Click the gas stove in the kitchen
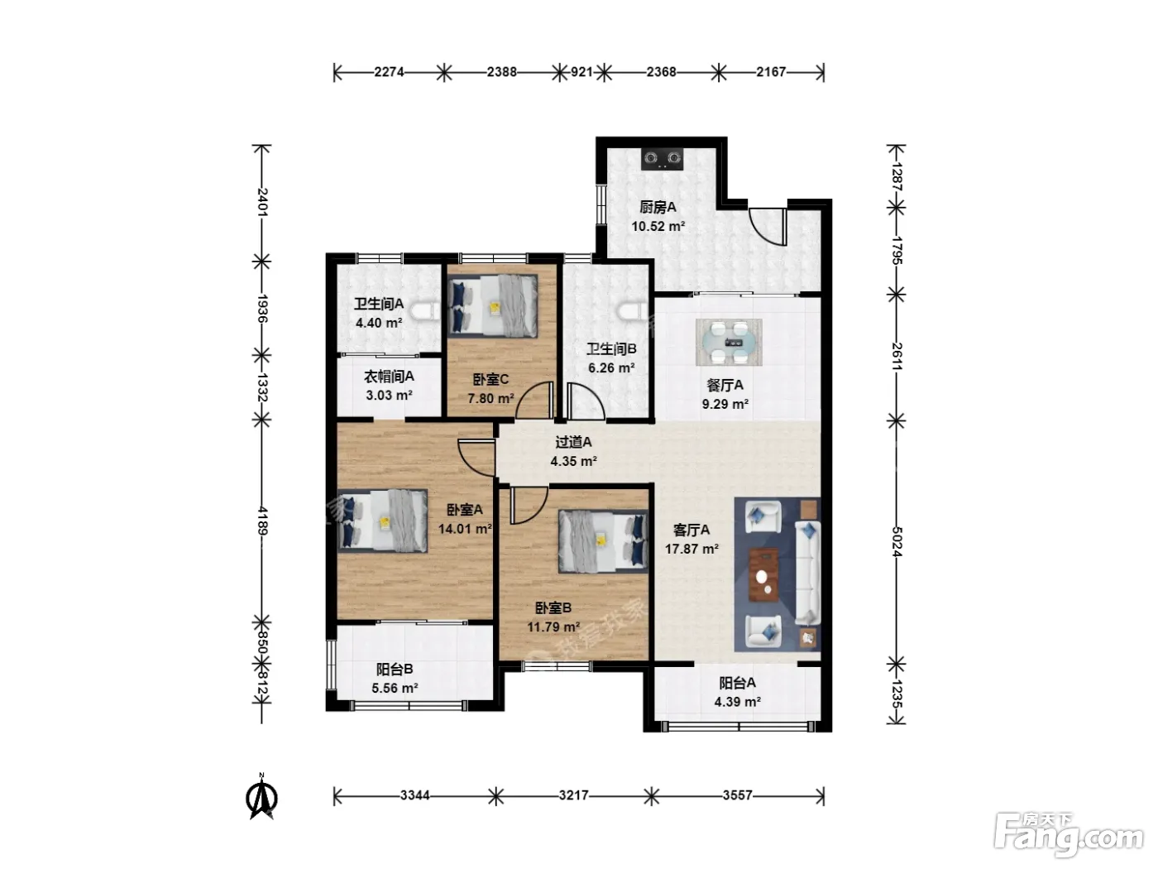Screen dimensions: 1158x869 (662, 158)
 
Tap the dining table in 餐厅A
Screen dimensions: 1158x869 (729, 342)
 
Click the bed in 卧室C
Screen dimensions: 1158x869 (493, 306)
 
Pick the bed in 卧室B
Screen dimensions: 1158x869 (603, 540)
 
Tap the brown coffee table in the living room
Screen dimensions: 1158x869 (764, 574)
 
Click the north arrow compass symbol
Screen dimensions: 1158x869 (261, 797)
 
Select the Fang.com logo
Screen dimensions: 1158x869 (1069, 836)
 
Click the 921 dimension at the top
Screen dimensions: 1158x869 (581, 72)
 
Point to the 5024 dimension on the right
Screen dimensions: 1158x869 (897, 541)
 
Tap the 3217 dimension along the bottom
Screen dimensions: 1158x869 (573, 795)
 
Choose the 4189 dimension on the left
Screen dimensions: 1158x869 (262, 521)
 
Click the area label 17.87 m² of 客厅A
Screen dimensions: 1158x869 (691, 549)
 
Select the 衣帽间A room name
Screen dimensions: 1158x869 (389, 377)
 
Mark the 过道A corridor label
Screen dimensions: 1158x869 (573, 442)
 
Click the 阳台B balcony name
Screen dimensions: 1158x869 (395, 669)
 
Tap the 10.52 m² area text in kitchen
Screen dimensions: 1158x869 (658, 226)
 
